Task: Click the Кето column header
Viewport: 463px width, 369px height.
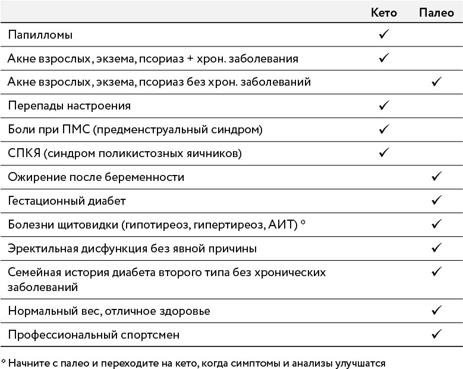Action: point(383,12)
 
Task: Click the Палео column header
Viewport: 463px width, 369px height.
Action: point(437,12)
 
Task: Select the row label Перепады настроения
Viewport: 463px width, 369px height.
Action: point(69,106)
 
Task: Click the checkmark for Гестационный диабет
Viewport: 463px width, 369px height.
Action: point(437,201)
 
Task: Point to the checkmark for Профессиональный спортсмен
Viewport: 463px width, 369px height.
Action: point(437,334)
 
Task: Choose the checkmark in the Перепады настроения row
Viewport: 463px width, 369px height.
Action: point(384,106)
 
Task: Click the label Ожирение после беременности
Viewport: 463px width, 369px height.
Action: point(96,177)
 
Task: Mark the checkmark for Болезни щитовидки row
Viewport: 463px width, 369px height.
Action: point(437,224)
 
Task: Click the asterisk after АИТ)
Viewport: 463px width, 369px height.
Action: point(303,222)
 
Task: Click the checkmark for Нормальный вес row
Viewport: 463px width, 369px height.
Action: point(437,310)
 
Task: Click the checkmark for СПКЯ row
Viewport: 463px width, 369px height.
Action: point(384,153)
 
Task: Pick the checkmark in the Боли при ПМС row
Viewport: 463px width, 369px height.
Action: point(384,129)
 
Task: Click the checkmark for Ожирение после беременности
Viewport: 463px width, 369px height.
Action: point(437,177)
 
